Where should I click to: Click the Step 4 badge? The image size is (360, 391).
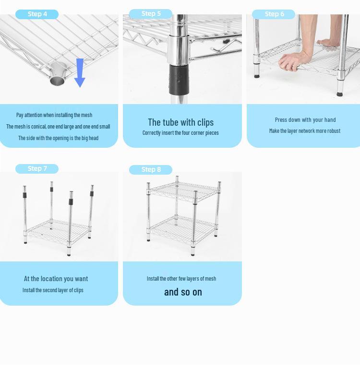pyautogui.click(x=37, y=14)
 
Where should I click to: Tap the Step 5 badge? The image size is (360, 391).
pyautogui.click(x=151, y=14)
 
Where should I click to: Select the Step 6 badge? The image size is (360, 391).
pyautogui.click(x=274, y=14)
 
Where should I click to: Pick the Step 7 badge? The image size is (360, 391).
pyautogui.click(x=37, y=169)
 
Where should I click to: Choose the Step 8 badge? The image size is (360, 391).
pyautogui.click(x=151, y=169)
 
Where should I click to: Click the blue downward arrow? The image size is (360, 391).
pyautogui.click(x=80, y=73)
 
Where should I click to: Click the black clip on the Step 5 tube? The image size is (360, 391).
pyautogui.click(x=179, y=80)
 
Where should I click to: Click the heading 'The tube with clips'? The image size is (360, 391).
pyautogui.click(x=180, y=122)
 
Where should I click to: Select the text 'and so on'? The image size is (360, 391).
pyautogui.click(x=183, y=292)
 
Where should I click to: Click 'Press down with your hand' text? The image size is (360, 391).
pyautogui.click(x=305, y=119)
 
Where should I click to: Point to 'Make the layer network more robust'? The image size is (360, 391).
pyautogui.click(x=305, y=130)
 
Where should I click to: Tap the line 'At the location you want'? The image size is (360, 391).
pyautogui.click(x=56, y=278)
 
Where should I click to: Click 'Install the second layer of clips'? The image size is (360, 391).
pyautogui.click(x=53, y=290)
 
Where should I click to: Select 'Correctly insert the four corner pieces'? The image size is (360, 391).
pyautogui.click(x=180, y=133)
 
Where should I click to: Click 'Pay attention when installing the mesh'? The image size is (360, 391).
pyautogui.click(x=54, y=115)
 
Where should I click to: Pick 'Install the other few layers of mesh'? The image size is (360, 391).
pyautogui.click(x=181, y=278)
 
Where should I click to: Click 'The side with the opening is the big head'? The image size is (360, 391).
pyautogui.click(x=58, y=138)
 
